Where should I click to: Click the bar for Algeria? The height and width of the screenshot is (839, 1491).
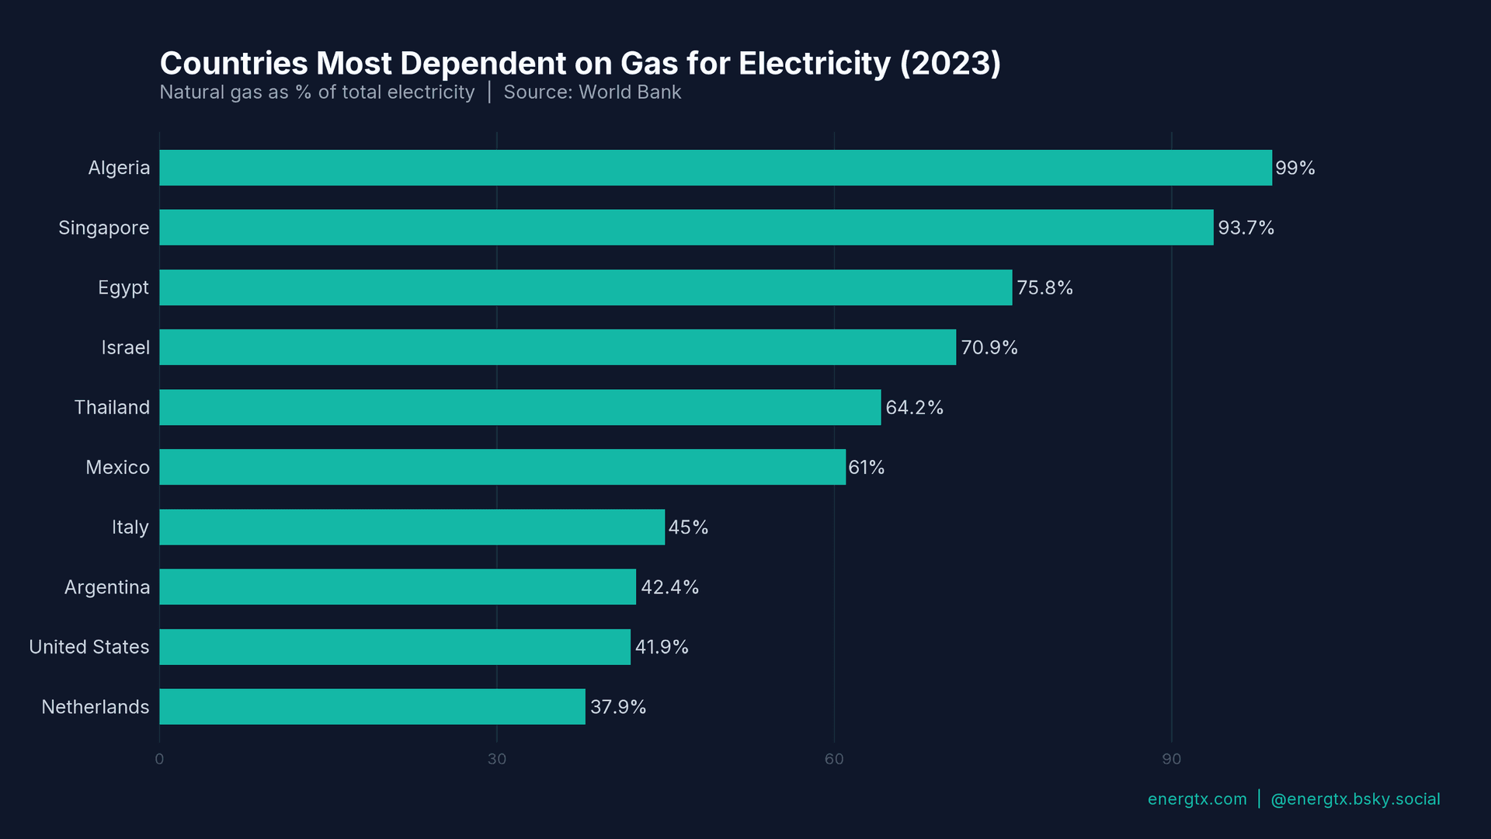(x=715, y=168)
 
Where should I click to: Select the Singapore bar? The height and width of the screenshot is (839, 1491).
(x=686, y=228)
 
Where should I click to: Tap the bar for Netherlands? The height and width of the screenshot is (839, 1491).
(x=372, y=707)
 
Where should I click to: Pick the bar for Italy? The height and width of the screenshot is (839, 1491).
(x=412, y=527)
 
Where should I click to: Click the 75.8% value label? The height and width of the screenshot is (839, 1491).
(x=1044, y=288)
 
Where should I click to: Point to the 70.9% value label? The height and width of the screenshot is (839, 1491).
(x=989, y=348)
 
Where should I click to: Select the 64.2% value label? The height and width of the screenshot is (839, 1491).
(x=914, y=408)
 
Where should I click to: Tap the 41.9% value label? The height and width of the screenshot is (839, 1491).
(x=662, y=647)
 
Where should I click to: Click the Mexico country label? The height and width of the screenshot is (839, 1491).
(x=117, y=468)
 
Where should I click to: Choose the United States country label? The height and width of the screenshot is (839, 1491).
(x=89, y=647)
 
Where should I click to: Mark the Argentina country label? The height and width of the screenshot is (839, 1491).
(x=107, y=587)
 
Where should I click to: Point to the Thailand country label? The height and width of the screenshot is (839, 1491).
(x=112, y=408)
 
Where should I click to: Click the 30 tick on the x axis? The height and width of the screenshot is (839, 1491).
(x=497, y=759)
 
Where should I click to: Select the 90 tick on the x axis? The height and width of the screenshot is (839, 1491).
(x=1171, y=759)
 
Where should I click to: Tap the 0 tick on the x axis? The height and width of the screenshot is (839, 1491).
(x=159, y=759)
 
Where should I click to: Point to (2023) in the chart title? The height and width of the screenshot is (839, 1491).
(x=950, y=64)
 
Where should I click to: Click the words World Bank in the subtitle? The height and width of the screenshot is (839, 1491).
(x=630, y=92)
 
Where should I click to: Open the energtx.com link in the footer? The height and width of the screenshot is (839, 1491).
(x=1197, y=799)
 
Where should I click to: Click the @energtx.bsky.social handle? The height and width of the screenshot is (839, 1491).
(x=1355, y=799)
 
